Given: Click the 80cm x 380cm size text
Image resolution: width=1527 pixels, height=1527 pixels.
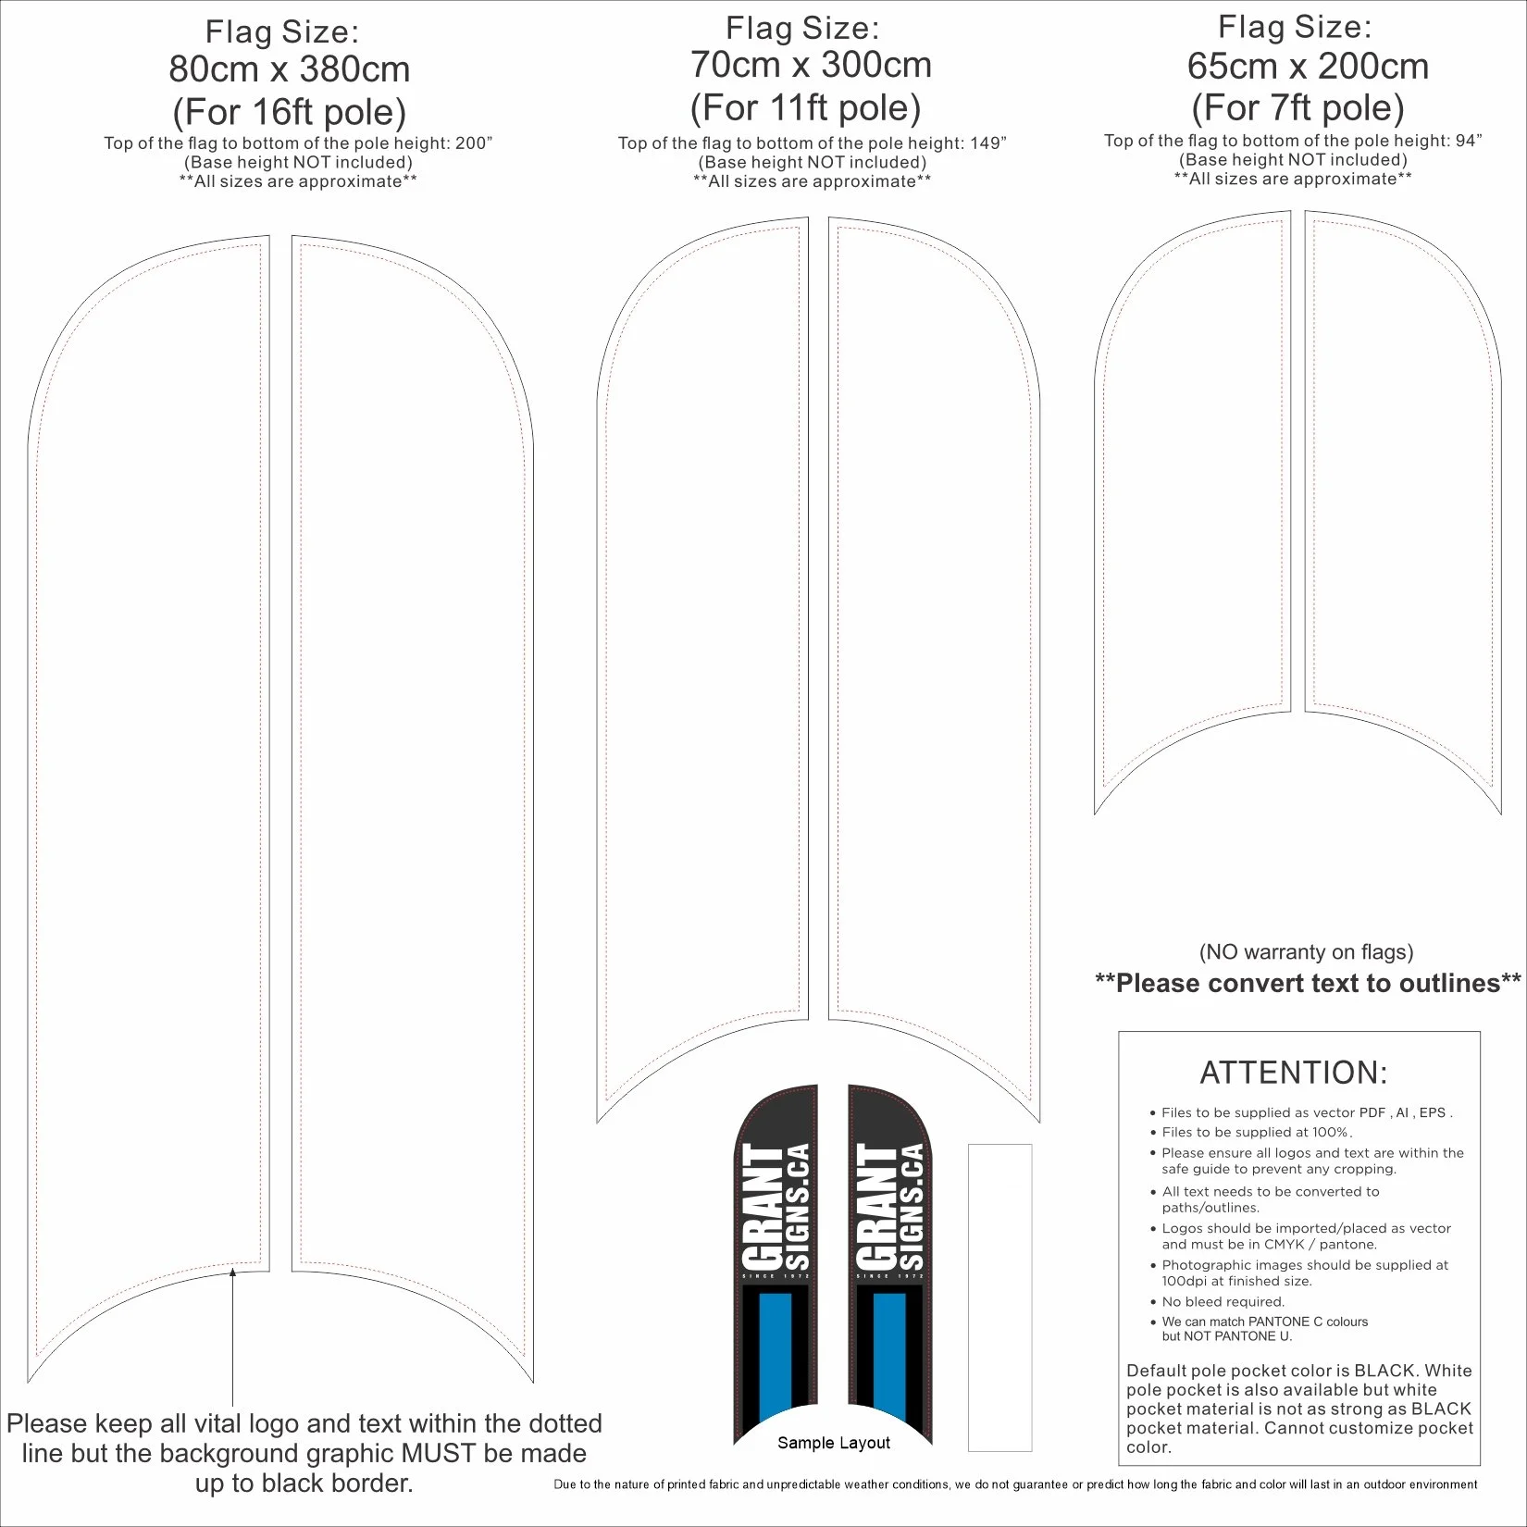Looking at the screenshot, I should (289, 70).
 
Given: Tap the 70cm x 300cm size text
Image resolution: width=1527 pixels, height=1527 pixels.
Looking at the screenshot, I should (811, 66).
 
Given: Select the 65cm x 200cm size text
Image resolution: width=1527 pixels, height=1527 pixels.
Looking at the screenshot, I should (1308, 67).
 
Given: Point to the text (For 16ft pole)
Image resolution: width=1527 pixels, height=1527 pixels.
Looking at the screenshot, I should (289, 113).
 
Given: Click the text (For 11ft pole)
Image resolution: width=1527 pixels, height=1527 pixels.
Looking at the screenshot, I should (805, 108).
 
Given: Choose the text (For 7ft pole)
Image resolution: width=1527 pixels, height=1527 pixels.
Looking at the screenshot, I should (1297, 108).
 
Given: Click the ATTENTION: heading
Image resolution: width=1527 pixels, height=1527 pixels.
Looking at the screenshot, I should (1294, 1073).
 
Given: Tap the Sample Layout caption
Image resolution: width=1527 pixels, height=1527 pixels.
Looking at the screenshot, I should (833, 1442).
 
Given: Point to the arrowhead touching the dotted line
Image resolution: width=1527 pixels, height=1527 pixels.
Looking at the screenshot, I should (232, 1273).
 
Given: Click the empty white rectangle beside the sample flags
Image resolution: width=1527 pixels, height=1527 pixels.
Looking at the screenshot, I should (999, 1296).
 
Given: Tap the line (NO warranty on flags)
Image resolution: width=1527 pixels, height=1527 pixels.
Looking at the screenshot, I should (1306, 951).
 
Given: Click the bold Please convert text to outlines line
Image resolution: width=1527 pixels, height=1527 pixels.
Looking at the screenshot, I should (1308, 983).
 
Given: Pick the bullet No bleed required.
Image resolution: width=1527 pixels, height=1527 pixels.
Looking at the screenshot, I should (1223, 1301).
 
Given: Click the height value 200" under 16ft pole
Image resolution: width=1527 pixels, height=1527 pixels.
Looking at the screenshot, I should (474, 143).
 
